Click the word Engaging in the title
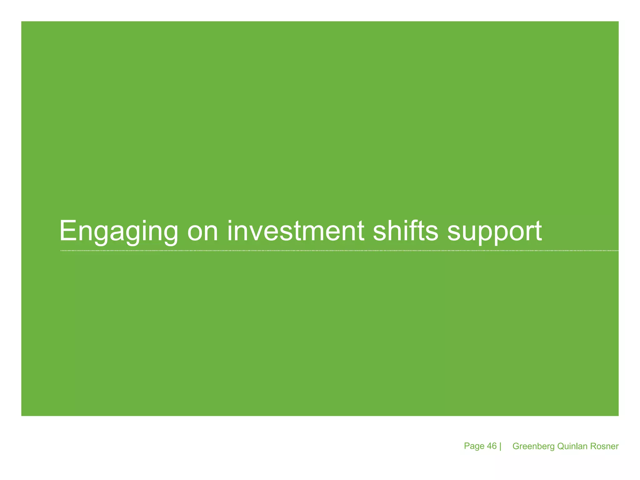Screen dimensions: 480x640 [118, 232]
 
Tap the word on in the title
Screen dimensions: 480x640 [202, 232]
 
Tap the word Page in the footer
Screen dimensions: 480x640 [474, 446]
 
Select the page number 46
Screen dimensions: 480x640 [492, 446]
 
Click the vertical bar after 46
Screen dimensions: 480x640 [500, 446]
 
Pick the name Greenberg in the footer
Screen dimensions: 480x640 [533, 446]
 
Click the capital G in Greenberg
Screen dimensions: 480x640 [516, 446]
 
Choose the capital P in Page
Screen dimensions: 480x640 [467, 446]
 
